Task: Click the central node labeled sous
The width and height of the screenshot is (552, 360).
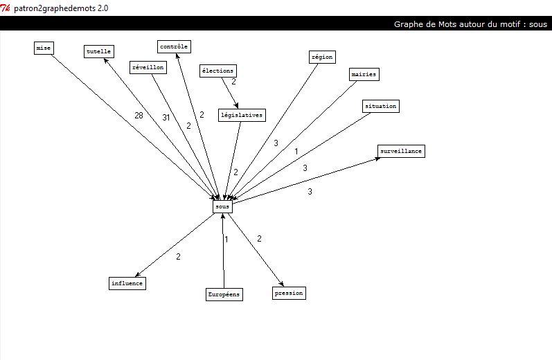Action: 222,206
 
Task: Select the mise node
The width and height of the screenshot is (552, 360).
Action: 44,48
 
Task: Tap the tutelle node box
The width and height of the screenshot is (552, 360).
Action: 99,51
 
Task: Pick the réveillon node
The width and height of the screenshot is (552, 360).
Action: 148,67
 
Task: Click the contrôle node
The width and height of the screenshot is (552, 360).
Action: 174,46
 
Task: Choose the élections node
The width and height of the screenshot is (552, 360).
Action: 218,71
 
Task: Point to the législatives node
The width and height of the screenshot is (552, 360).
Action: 241,115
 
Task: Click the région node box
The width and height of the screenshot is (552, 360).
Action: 322,57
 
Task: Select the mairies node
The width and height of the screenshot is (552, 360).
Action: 364,74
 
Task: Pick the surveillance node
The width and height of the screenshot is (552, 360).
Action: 401,151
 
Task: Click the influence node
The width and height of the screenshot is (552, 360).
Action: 127,283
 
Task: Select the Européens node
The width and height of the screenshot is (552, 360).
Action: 224,295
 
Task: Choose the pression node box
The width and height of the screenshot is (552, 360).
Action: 289,293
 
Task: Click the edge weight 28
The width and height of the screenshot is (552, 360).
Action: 139,116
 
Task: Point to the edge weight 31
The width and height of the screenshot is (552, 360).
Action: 166,118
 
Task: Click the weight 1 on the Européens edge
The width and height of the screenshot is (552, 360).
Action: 226,240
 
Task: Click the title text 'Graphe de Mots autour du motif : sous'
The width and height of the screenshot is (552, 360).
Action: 470,24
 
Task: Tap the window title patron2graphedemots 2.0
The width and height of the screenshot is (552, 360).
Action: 61,8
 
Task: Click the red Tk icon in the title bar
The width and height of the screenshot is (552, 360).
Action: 6,8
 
